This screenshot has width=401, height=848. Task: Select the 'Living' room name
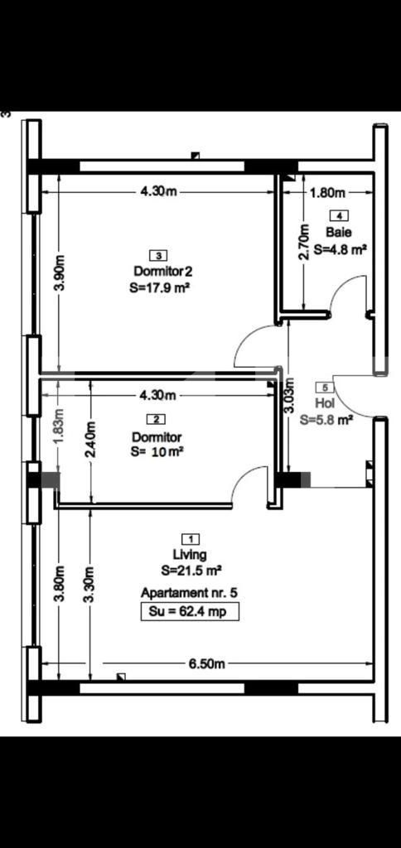pos(190,554)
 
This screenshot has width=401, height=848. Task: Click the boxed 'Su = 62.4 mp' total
pos(189,612)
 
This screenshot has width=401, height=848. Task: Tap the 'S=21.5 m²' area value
pos(191,571)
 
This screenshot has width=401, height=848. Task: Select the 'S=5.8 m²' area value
pos(326,419)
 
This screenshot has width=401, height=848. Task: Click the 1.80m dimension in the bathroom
pos(326,193)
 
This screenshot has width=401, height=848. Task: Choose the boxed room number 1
pos(190,538)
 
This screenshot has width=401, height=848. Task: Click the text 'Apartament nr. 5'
pos(190,594)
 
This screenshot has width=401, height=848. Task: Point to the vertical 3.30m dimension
pos(89,584)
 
